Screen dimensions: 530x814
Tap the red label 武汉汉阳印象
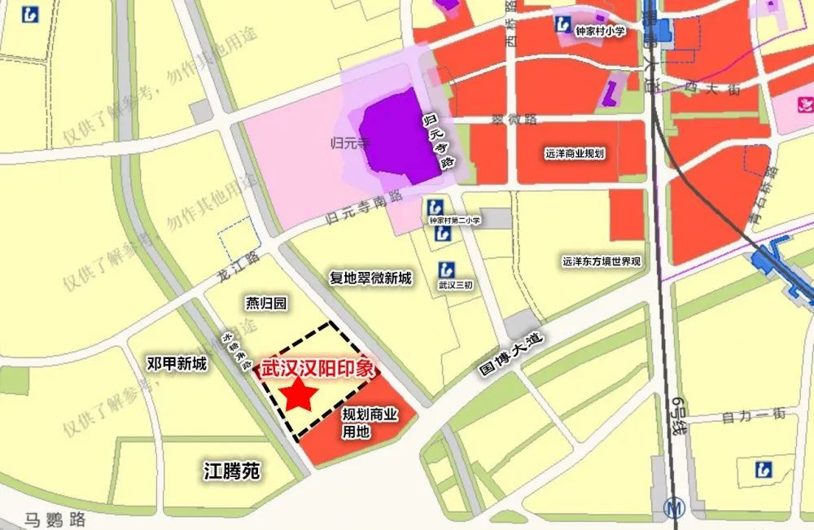(317, 368)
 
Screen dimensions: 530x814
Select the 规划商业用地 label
(370, 423)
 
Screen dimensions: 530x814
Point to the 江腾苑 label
(231, 470)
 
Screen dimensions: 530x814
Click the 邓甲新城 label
(177, 364)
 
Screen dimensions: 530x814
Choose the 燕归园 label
(266, 304)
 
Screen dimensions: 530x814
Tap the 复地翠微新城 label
(370, 278)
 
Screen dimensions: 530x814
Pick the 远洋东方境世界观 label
(602, 262)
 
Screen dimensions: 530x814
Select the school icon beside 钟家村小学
(562, 24)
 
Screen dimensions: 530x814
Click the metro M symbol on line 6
(673, 506)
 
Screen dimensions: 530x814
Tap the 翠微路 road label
(514, 119)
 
